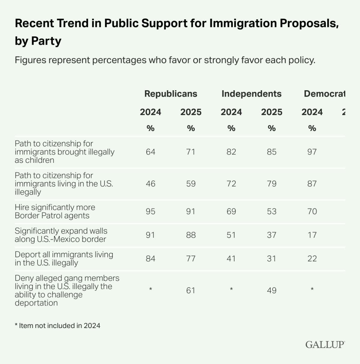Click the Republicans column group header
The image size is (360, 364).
click(171, 94)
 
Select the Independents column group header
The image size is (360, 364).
click(251, 94)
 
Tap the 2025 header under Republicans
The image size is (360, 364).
click(191, 112)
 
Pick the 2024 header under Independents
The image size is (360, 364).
click(231, 112)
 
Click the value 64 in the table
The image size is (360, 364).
click(151, 152)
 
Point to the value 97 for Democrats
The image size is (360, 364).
click(312, 152)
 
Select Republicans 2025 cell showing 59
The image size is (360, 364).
click(191, 183)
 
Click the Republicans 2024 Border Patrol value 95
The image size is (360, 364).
click(151, 211)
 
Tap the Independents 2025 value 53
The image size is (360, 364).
click(271, 211)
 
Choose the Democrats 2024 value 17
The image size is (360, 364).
click(312, 235)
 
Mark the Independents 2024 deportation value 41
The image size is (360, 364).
click(231, 258)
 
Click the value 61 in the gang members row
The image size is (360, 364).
click(191, 290)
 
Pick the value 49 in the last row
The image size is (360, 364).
click(271, 290)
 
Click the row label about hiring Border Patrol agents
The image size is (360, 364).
click(55, 211)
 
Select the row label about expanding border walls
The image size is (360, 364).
click(61, 235)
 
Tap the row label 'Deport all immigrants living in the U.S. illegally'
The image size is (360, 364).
click(64, 258)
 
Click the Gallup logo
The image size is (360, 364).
click(325, 345)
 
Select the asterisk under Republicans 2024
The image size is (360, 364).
click(151, 289)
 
